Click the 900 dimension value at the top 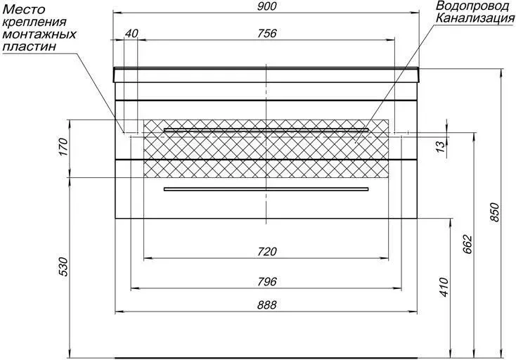pos(267,6)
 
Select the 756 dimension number pos(267,33)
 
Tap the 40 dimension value pos(131,33)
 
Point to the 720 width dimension pos(267,252)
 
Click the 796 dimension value pos(267,282)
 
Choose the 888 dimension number pos(267,305)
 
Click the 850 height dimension pos(495,213)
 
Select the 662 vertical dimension pos(468,244)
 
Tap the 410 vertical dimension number pos(444,288)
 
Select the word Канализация pos(476,18)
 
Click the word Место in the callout pos(23,9)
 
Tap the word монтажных pos(39,34)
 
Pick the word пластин pos(30,46)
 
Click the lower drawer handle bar pos(266,189)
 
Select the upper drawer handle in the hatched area pos(266,129)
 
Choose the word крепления pos(34,22)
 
